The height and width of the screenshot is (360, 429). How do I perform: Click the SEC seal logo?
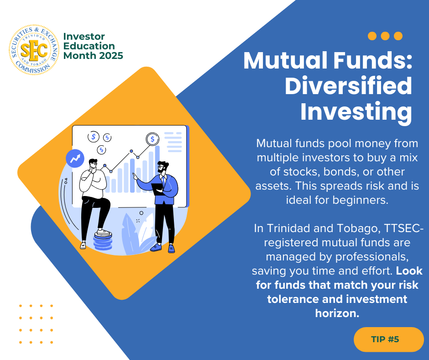point(34,50)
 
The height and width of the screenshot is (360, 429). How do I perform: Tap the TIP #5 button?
point(388,339)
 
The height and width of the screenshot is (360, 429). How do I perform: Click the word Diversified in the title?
point(348,86)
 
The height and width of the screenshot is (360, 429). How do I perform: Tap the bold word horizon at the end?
point(337,313)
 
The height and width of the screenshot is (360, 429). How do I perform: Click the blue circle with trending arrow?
point(75,159)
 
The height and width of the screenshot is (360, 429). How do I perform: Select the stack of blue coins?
point(103,241)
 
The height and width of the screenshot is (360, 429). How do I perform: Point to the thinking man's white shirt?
point(93,182)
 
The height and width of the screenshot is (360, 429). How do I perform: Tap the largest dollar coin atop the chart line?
point(152,139)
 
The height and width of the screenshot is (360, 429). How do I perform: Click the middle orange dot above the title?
point(385,36)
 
